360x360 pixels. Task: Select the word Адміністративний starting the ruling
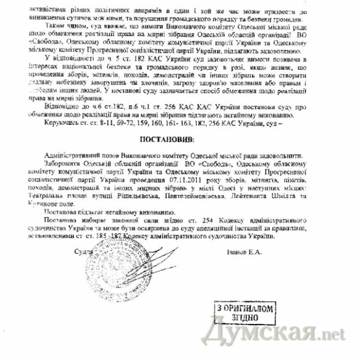(69, 154)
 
